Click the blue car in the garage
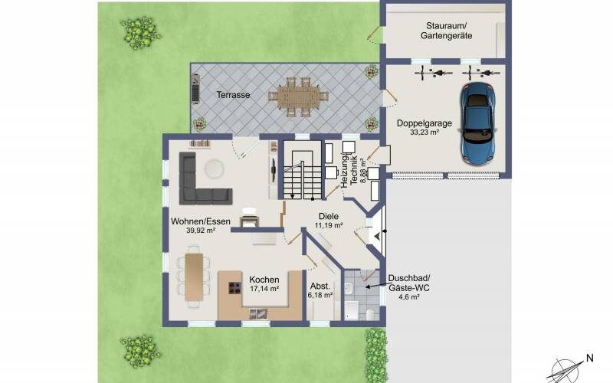[477, 123]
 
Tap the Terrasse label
[234, 95]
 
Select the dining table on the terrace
[298, 97]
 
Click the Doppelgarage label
[425, 123]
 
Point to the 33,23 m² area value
[425, 133]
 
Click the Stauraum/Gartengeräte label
[447, 31]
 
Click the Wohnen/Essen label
[201, 221]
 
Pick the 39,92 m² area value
[201, 231]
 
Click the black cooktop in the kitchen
[235, 288]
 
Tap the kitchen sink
[258, 313]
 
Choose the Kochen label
[264, 280]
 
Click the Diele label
[329, 216]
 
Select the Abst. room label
[320, 286]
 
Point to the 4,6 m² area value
[409, 297]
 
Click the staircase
[303, 170]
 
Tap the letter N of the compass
[590, 358]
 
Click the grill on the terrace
[195, 89]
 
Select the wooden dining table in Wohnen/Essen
[194, 277]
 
